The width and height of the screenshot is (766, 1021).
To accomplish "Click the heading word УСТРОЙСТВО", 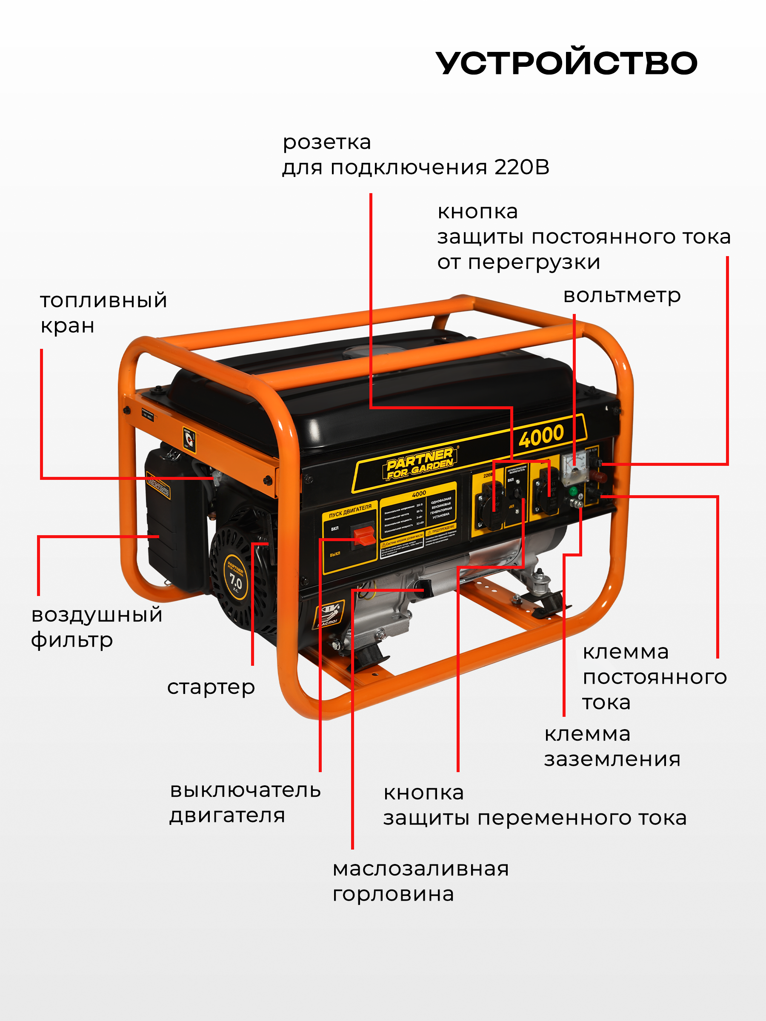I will click(566, 63).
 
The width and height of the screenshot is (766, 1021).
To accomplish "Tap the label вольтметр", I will click(621, 295).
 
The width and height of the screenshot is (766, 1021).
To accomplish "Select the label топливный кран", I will click(103, 313).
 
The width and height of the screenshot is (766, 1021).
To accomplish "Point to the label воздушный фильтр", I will click(97, 627).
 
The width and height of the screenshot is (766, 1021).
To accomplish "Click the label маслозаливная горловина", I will click(420, 881).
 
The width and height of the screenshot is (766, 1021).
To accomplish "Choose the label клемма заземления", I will click(612, 746).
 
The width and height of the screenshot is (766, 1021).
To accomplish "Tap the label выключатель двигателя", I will click(245, 803).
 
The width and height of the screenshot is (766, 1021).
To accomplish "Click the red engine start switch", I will click(364, 536).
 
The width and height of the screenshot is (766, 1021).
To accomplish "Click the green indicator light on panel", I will click(574, 490).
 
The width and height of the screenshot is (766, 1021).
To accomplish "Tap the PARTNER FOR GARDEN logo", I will click(420, 463).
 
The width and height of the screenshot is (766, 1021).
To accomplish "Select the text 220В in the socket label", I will click(488, 475).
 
